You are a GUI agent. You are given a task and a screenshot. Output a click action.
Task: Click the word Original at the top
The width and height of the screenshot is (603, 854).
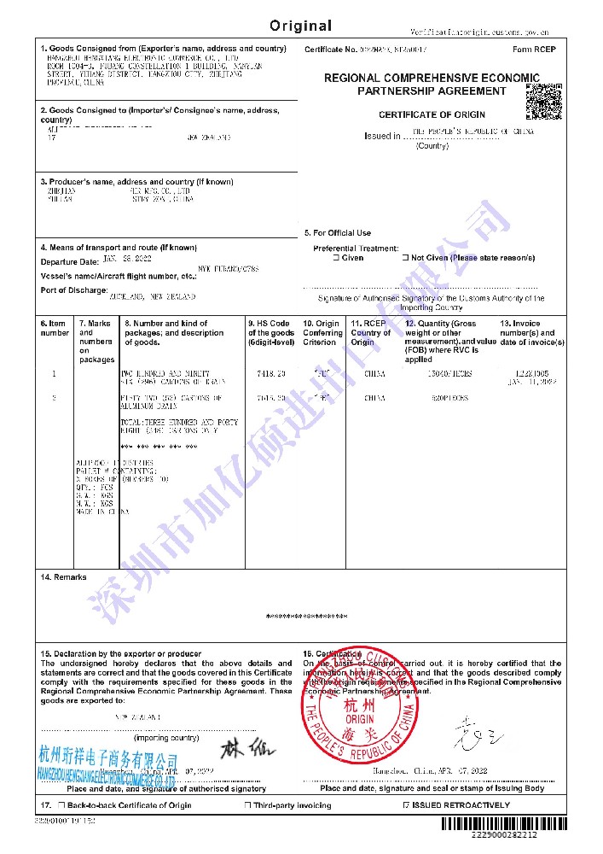pyautogui.click(x=301, y=26)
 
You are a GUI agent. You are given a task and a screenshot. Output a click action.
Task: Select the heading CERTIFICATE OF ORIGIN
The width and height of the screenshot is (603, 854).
pyautogui.click(x=432, y=114)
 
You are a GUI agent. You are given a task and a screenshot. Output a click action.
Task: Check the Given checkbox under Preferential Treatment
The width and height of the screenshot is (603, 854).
pyautogui.click(x=336, y=258)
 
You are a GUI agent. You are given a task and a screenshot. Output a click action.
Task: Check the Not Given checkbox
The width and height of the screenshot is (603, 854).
pyautogui.click(x=405, y=258)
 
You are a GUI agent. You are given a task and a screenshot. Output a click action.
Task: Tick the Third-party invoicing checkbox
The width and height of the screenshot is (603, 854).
pyautogui.click(x=247, y=805)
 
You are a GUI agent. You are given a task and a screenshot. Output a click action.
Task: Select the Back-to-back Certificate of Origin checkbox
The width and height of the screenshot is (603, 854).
pyautogui.click(x=61, y=805)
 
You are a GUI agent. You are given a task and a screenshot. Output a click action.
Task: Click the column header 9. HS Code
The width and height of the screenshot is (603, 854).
pyautogui.click(x=270, y=324)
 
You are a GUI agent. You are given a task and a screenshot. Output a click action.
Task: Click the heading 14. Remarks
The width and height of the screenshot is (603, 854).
pyautogui.click(x=64, y=577)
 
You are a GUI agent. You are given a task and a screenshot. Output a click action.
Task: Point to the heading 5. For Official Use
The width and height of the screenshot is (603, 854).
pyautogui.click(x=338, y=233)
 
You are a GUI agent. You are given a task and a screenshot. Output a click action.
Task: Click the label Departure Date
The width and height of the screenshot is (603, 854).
pyautogui.click(x=70, y=261)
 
